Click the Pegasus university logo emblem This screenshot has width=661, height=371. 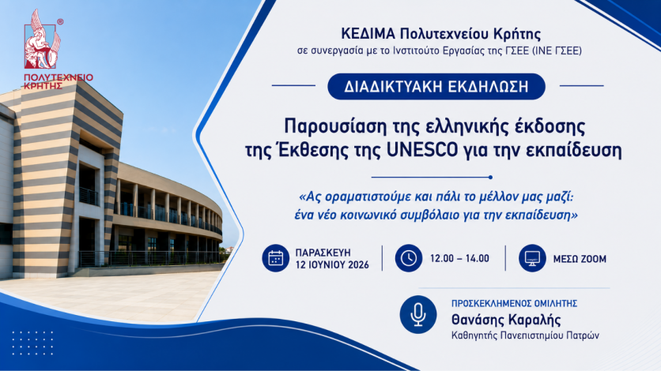click(x=42, y=40)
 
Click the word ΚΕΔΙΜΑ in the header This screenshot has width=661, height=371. click(x=368, y=33)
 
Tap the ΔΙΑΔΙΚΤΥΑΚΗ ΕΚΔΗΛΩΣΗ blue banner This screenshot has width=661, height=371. click(x=436, y=86)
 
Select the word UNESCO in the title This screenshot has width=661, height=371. click(x=422, y=150)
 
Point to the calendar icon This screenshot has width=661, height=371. click(x=275, y=258)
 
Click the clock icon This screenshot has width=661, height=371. click(x=409, y=258)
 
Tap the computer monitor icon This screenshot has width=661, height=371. click(x=532, y=258)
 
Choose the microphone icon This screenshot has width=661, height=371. click(x=418, y=315)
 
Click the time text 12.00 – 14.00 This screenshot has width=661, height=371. click(x=459, y=258)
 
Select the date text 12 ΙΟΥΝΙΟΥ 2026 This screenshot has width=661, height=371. click(x=332, y=265)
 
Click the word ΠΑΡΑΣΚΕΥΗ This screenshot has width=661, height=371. click(x=323, y=253)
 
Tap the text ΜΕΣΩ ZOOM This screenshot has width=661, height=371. click(x=580, y=259)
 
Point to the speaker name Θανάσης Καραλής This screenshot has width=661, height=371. click(x=506, y=320)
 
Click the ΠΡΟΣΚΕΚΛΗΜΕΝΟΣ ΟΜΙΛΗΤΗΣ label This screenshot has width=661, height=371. click(x=514, y=304)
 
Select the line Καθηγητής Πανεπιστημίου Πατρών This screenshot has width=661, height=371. click(x=525, y=335)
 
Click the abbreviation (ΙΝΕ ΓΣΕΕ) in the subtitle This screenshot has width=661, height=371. click(x=557, y=51)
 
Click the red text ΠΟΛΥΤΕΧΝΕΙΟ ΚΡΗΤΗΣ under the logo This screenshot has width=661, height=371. click(x=59, y=81)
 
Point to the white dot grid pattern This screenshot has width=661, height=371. click(x=33, y=343)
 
